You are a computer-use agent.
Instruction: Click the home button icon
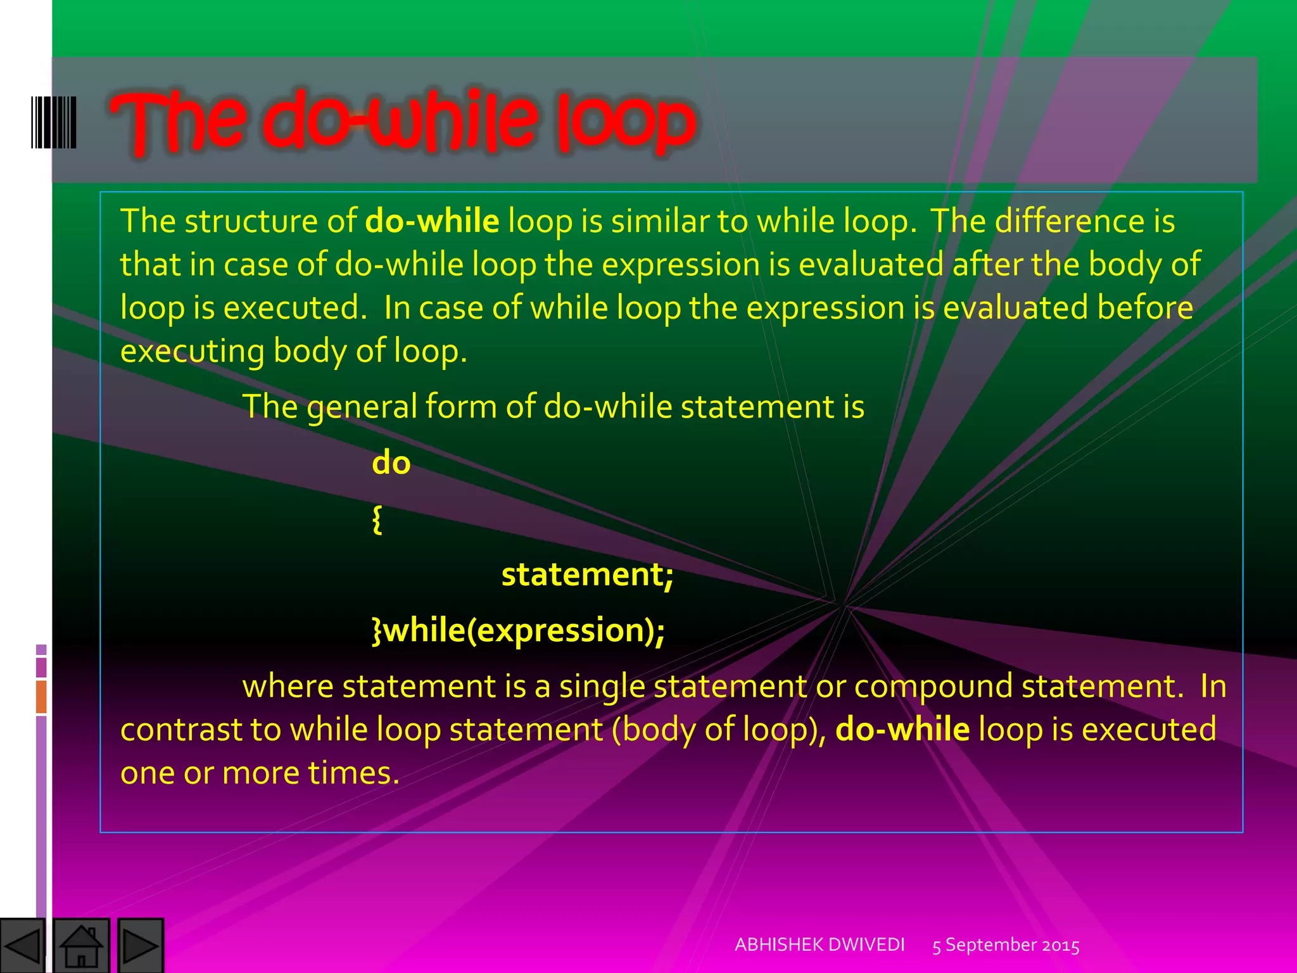pos(81,946)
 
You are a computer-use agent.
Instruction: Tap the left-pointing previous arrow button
pos(22,946)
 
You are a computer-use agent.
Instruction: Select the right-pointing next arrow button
pos(141,946)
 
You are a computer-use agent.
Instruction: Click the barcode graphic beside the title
pos(54,122)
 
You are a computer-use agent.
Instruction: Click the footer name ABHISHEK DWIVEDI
pos(819,944)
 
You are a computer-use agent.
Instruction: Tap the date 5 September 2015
pos(1006,945)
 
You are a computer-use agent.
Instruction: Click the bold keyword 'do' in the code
pos(391,463)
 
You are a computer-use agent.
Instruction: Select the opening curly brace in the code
pos(377,519)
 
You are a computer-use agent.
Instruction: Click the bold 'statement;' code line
pos(587,575)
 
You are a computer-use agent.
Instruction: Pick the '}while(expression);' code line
pos(518,630)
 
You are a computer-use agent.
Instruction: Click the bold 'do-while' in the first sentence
pos(433,221)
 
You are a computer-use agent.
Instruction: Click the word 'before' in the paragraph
pos(1145,308)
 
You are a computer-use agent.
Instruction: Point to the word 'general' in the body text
pos(362,407)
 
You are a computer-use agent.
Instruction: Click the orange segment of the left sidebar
pos(41,697)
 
